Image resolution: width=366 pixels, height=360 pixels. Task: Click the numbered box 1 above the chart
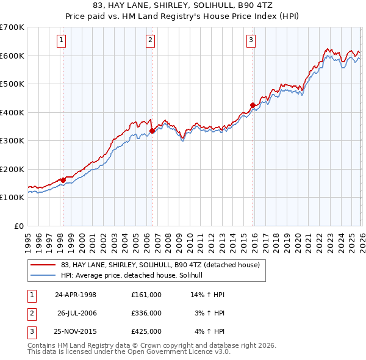pyautogui.click(x=62, y=41)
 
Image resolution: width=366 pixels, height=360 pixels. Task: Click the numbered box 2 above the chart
pyautogui.click(x=151, y=41)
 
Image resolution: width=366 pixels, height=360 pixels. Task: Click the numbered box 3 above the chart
pyautogui.click(x=251, y=41)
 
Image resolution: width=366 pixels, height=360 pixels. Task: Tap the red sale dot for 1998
pyautogui.click(x=63, y=180)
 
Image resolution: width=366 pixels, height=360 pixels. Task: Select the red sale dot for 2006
pyautogui.click(x=152, y=131)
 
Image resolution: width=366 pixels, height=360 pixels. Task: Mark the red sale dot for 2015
pyautogui.click(x=253, y=105)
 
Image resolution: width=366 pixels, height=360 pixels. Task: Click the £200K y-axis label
pyautogui.click(x=12, y=169)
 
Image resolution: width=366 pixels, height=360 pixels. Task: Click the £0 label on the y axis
pyautogui.click(x=18, y=226)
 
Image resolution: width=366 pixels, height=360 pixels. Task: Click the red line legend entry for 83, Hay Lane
pyautogui.click(x=160, y=265)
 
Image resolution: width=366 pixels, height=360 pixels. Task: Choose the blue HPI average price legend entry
pyautogui.click(x=135, y=276)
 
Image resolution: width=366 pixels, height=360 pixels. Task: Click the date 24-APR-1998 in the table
pyautogui.click(x=76, y=295)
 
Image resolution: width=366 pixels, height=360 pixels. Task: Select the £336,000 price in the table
pyautogui.click(x=146, y=313)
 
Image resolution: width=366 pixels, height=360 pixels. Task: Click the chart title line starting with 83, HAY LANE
pyautogui.click(x=183, y=6)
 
